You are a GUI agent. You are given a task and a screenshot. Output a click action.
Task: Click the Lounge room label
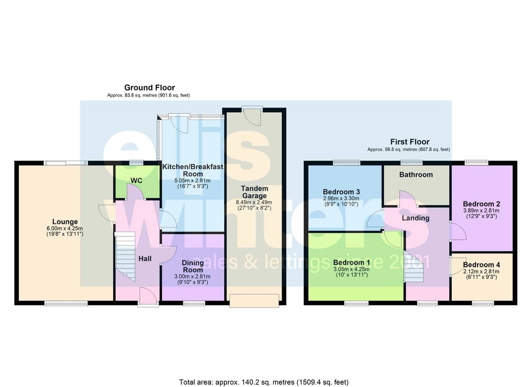[65, 222]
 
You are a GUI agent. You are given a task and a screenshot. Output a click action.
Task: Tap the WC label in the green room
[137, 181]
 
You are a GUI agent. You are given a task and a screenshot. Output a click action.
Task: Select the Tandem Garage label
[254, 192]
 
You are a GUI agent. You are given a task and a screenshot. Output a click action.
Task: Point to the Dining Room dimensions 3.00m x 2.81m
[192, 276]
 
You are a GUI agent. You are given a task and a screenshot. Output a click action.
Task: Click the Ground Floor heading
[150, 88]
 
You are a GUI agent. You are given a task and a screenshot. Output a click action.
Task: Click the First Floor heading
[410, 142]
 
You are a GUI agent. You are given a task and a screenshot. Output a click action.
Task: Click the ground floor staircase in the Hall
[125, 256]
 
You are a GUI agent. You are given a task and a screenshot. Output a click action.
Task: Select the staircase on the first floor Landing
[414, 268]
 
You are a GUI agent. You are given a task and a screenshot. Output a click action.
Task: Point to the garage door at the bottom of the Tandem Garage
[254, 301]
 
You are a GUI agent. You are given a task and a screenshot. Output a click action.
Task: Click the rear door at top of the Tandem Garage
[252, 116]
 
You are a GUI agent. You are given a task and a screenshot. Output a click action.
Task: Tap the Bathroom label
[416, 175]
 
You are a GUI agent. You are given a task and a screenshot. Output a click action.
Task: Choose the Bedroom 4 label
[481, 265]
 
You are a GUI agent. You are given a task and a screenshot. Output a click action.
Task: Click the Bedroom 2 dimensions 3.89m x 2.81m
[481, 211]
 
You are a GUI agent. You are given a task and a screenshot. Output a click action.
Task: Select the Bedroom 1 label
[352, 262]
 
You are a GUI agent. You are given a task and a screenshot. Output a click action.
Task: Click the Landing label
[416, 218]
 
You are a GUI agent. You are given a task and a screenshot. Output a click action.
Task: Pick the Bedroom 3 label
[341, 192]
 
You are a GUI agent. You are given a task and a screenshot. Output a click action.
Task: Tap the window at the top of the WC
[137, 163]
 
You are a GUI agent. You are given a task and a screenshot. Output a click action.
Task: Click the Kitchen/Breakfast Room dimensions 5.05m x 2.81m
[192, 180]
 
